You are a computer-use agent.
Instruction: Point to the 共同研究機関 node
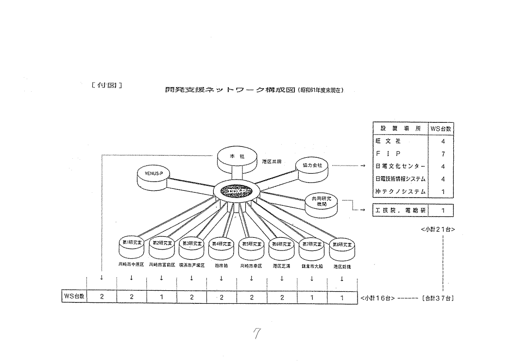[321, 203]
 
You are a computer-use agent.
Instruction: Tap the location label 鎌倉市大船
[311, 265]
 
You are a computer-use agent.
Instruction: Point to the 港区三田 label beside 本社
[272, 161]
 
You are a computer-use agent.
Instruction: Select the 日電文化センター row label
[400, 166]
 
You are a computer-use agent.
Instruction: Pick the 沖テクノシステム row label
[400, 192]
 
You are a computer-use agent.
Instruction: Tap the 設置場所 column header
[400, 129]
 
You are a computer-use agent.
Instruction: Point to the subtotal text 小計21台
[438, 230]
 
